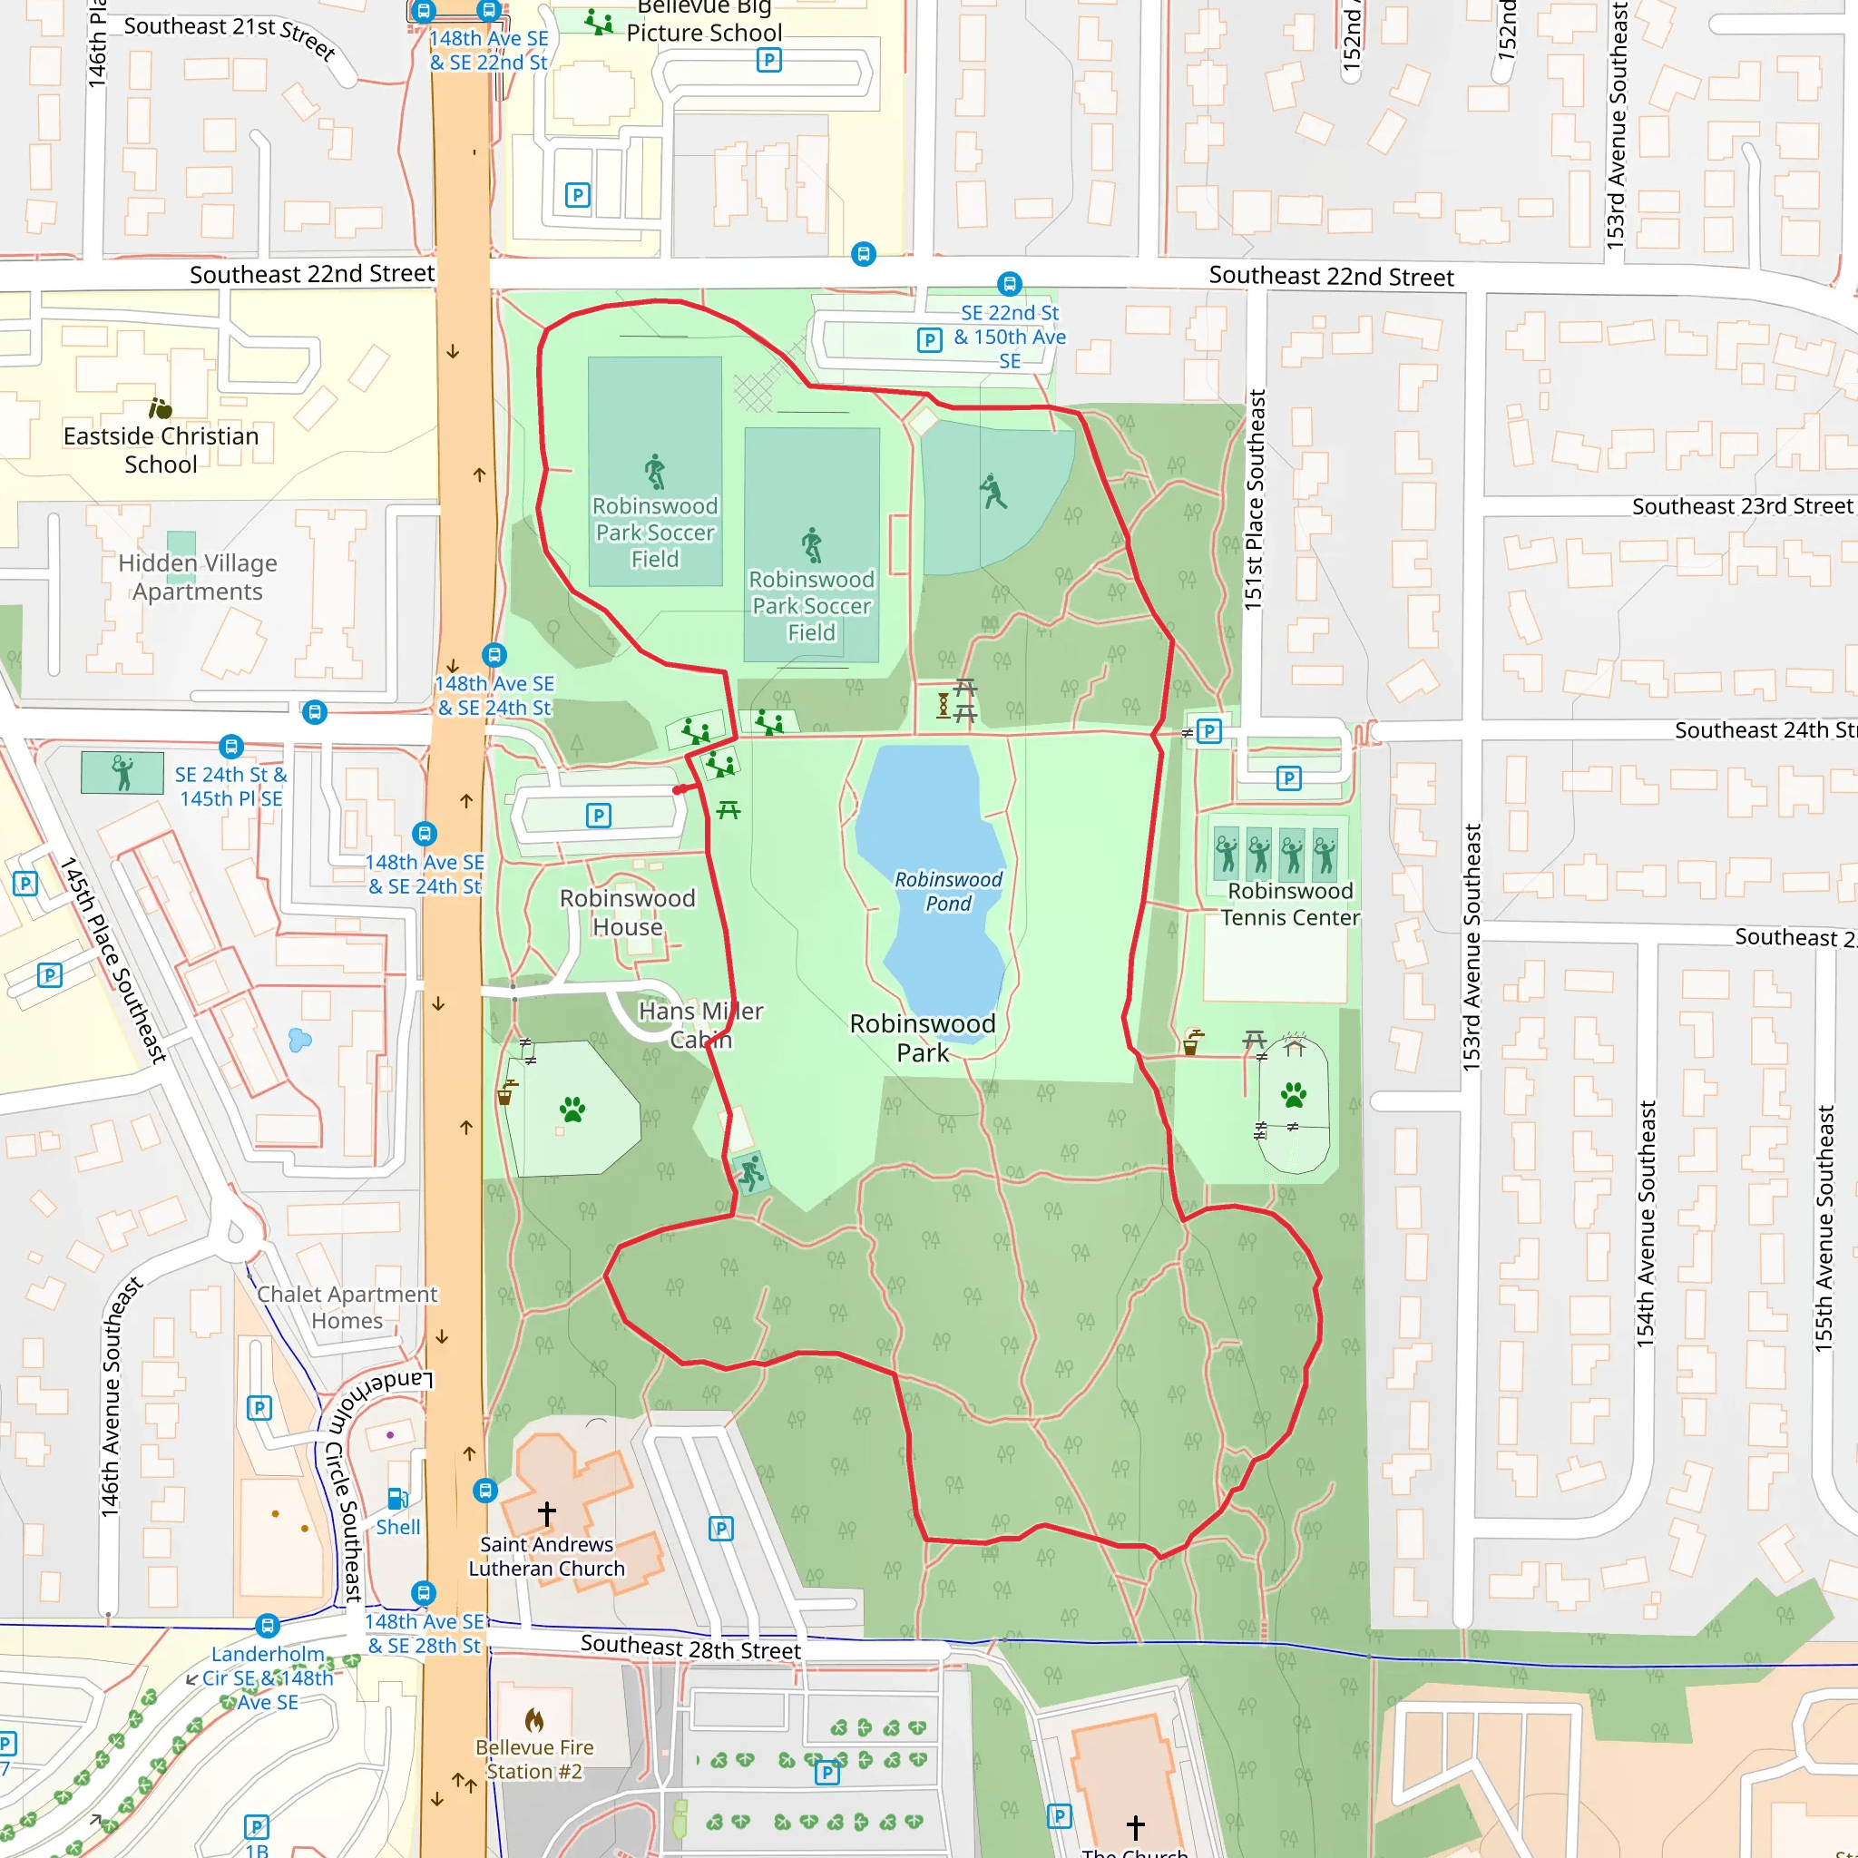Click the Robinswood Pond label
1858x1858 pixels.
[947, 891]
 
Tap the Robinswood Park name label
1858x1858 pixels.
[923, 1038]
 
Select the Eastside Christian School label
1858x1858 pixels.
[161, 449]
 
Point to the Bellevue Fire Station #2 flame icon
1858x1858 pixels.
[533, 1718]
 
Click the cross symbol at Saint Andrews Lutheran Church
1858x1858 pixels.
[546, 1512]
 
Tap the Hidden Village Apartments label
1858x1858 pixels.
[197, 576]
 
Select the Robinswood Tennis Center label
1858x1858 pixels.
[1290, 904]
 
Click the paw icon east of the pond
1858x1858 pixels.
[1294, 1094]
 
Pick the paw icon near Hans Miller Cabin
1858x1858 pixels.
[572, 1110]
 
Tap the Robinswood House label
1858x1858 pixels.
[627, 912]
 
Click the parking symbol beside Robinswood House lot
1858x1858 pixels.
[598, 816]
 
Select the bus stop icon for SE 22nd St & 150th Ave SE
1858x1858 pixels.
[1009, 284]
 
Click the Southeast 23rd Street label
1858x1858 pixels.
[1742, 506]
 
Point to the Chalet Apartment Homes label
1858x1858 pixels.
[347, 1307]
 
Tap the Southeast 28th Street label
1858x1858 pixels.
[689, 1648]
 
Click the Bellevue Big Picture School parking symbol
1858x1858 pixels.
[768, 61]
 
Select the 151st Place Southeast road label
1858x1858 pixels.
[1254, 499]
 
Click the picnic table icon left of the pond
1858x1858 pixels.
[728, 810]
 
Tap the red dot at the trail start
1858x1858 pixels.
[678, 789]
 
